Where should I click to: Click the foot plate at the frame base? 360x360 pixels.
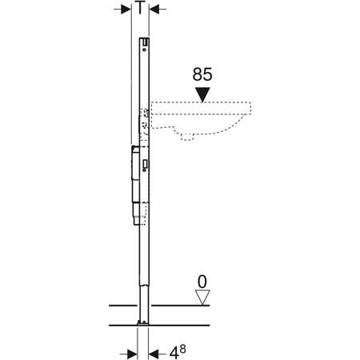[141, 324]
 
